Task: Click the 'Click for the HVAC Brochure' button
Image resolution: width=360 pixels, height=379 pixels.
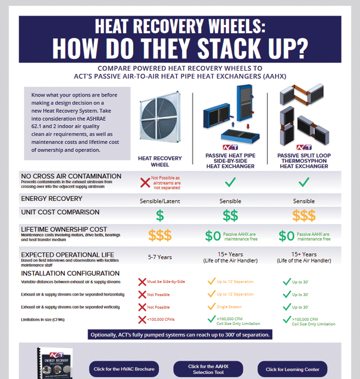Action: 124,369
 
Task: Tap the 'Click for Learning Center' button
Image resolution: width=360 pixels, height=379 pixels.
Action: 292,369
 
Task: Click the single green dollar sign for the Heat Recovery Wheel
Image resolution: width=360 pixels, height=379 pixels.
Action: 160,216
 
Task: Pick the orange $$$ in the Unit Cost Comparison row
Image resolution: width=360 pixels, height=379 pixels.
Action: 304,216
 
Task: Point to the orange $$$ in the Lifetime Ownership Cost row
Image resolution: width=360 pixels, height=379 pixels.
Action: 160,235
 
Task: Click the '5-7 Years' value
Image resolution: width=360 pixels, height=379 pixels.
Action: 160,257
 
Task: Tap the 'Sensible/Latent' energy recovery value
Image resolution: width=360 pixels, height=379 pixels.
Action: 160,201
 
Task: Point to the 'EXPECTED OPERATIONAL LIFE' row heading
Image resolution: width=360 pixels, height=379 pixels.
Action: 68,255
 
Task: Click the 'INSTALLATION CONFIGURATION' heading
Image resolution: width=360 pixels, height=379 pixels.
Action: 71,273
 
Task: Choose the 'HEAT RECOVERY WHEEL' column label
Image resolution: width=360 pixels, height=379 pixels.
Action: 160,161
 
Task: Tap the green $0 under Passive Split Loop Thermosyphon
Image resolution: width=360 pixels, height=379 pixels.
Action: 287,235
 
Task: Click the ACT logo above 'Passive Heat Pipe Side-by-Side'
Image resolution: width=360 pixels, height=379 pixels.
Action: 230,147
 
